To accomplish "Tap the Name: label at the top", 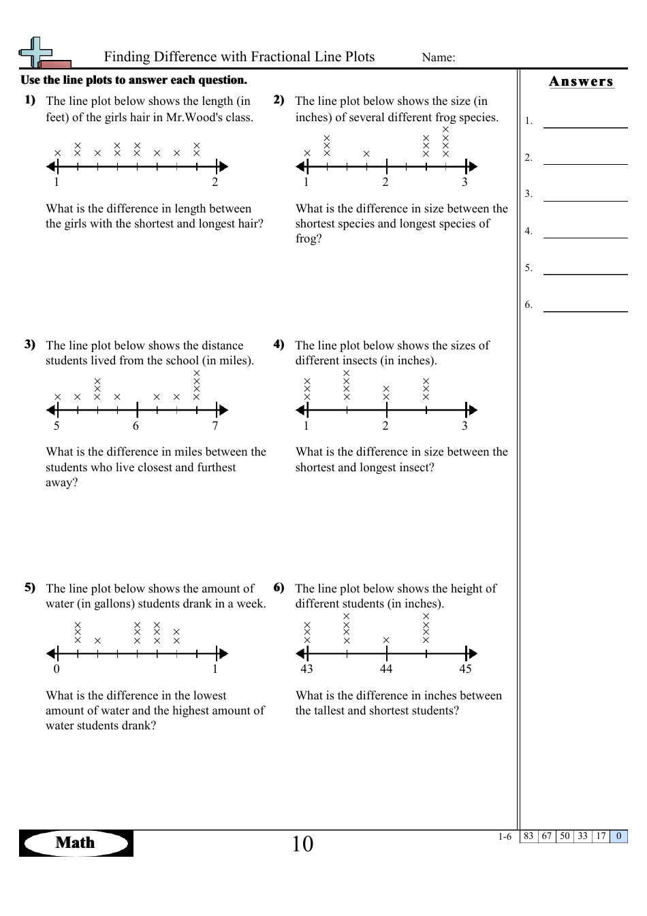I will pyautogui.click(x=438, y=58).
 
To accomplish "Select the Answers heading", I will pyautogui.click(x=581, y=82).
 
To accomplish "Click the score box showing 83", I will pyautogui.click(x=528, y=836).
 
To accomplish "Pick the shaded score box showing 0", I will pyautogui.click(x=618, y=836).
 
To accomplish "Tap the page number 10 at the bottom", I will pyautogui.click(x=302, y=844).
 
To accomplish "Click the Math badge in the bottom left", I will pyautogui.click(x=76, y=843).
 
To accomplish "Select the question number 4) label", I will pyautogui.click(x=279, y=344).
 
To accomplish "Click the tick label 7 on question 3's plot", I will pyautogui.click(x=215, y=426).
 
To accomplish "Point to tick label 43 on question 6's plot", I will pyautogui.click(x=306, y=669).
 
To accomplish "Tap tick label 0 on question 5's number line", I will pyautogui.click(x=57, y=669).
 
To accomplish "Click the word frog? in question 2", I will pyautogui.click(x=309, y=239).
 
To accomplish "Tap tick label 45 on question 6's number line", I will pyautogui.click(x=465, y=669).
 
